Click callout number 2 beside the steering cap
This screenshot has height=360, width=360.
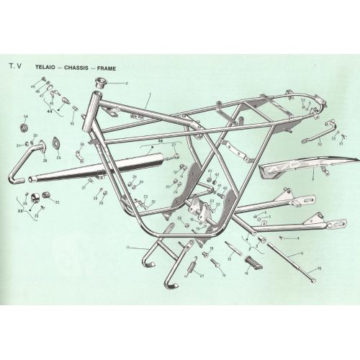click(127, 84)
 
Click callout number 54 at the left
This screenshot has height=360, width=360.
click(26, 116)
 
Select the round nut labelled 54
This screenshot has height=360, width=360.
click(26, 128)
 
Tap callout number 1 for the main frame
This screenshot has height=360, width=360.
click(148, 96)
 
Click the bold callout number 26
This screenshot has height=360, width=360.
click(161, 140)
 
